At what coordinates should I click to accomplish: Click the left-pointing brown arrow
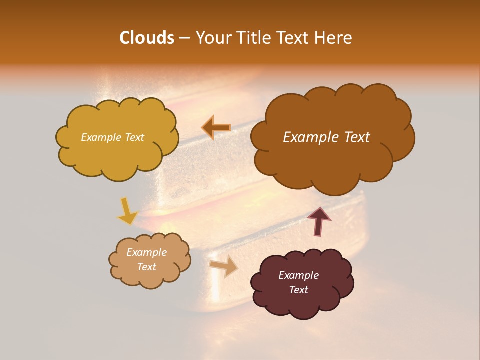(x=216, y=128)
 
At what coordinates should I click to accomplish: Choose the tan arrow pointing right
(x=224, y=266)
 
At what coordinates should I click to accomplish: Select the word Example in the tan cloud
(x=146, y=252)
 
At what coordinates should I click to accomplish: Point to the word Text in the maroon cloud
(x=299, y=290)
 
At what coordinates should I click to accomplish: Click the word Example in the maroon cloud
(x=299, y=275)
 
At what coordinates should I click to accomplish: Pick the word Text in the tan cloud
(x=146, y=267)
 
